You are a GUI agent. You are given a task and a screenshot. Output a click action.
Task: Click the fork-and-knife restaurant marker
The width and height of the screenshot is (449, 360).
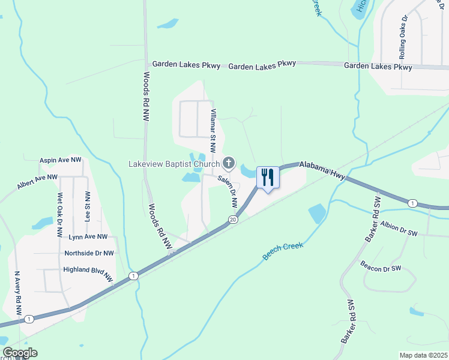[x=268, y=178]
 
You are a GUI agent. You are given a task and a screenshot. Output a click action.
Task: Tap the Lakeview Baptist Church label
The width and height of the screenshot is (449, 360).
[x=173, y=163]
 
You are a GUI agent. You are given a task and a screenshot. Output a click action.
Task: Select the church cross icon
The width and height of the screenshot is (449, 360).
[x=229, y=163]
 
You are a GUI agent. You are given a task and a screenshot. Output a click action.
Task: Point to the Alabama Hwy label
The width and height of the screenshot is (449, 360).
[x=322, y=169]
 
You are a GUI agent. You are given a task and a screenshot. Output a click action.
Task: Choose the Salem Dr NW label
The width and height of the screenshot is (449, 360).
[x=228, y=191]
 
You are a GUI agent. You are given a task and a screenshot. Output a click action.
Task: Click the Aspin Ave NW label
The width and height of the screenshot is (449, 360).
[x=60, y=160]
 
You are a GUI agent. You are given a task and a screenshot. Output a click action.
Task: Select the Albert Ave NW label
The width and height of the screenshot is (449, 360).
[x=37, y=182]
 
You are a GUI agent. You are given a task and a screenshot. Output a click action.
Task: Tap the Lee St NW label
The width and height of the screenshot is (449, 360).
[x=88, y=207]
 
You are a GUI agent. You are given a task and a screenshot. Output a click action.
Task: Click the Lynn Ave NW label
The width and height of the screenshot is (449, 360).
[x=88, y=238]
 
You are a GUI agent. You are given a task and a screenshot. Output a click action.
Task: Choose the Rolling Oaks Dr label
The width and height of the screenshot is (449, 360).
[x=403, y=37]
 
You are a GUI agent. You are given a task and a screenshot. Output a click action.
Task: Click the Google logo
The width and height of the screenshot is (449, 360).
[x=19, y=353]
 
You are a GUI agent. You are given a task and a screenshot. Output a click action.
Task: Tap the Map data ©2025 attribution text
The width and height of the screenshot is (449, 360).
[x=423, y=355]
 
